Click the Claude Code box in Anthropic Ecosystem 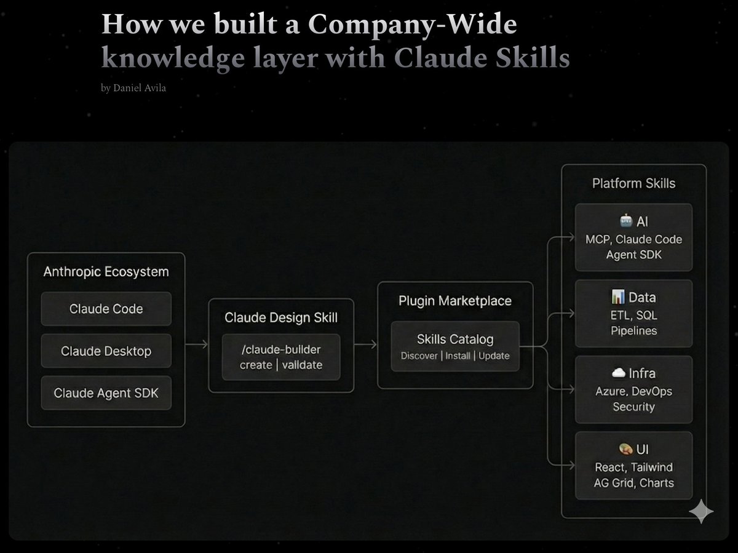(106, 309)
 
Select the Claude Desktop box (106, 351)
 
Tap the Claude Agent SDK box (106, 392)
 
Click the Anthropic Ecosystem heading (106, 271)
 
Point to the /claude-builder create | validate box (280, 357)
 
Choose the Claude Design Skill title (280, 317)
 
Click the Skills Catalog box (455, 346)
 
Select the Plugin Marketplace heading (455, 301)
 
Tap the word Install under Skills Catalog (458, 356)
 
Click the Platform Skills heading (633, 183)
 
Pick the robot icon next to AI (625, 221)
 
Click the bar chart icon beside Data (618, 298)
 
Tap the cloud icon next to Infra (618, 373)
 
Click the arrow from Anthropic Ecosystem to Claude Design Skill (196, 345)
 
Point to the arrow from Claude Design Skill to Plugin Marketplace (365, 345)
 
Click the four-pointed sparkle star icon (701, 511)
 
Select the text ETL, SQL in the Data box (633, 315)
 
